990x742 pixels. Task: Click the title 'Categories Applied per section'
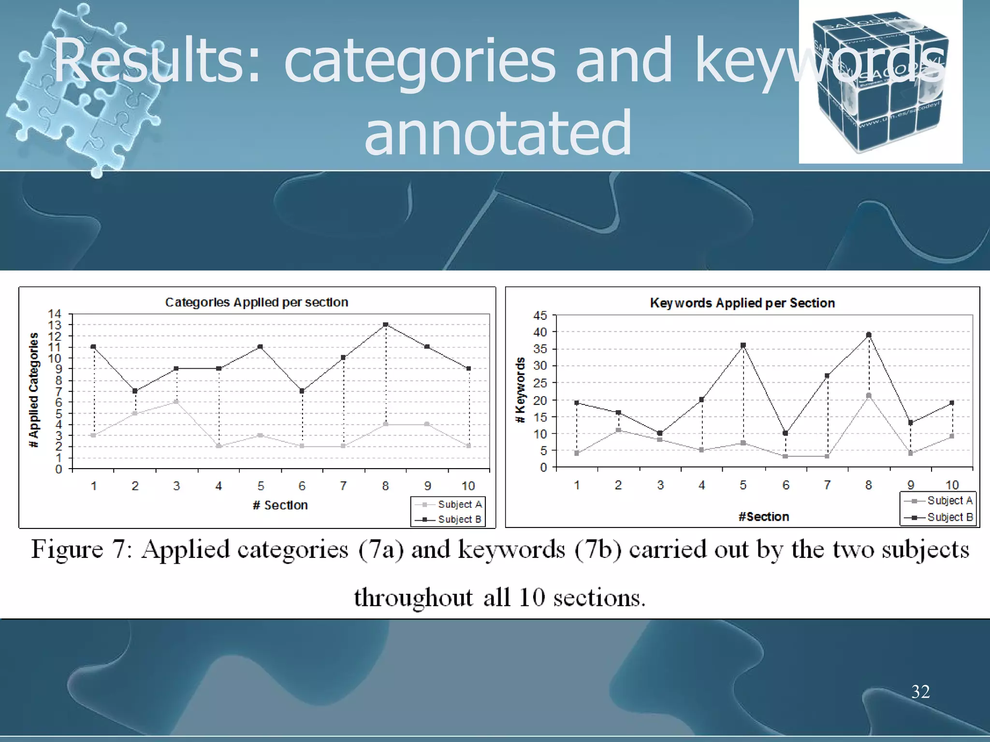pos(257,302)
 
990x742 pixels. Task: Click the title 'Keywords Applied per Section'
pos(742,303)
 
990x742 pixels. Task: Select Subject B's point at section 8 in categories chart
pos(385,325)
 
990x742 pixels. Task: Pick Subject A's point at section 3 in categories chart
pos(176,402)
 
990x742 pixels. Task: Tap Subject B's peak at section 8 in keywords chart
pos(869,334)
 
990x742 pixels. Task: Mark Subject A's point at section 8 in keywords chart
pos(869,396)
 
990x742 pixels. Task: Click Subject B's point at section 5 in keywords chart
pos(743,345)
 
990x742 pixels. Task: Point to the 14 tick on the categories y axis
pos(55,314)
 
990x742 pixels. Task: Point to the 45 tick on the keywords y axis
pos(540,315)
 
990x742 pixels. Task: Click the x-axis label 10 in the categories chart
pos(468,485)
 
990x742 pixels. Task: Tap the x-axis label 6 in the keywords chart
pos(786,485)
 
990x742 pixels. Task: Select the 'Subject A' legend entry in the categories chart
pos(459,504)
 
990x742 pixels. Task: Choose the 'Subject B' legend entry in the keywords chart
pos(949,517)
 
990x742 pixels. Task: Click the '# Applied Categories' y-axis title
pos(33,390)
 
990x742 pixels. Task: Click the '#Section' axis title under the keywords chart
pos(763,516)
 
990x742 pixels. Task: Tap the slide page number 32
pos(920,691)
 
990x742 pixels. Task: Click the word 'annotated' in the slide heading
pos(497,132)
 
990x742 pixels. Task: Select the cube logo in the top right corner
pos(880,82)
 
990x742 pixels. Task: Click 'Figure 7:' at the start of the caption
pos(82,550)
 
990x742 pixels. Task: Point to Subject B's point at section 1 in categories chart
pos(93,347)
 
